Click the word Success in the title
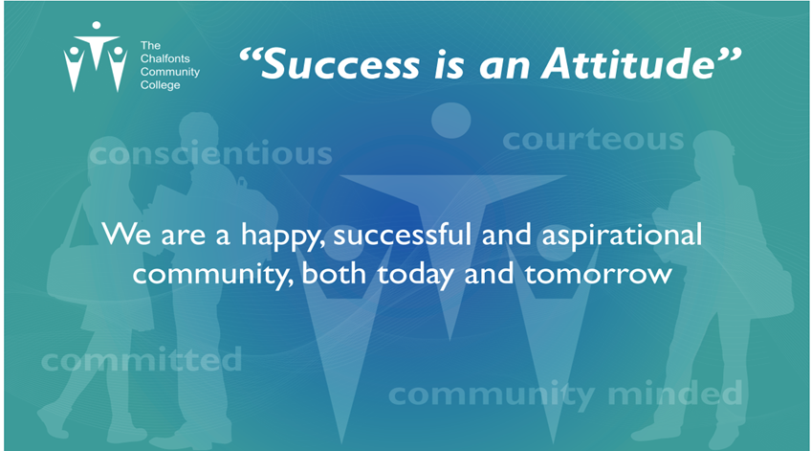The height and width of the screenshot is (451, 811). click(342, 65)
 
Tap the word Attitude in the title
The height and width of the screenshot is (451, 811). click(628, 64)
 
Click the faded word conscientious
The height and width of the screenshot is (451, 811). click(210, 153)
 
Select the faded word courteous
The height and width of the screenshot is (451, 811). click(593, 140)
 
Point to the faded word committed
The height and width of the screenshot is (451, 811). click(142, 359)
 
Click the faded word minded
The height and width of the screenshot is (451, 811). click(675, 394)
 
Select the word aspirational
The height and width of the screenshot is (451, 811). click(622, 237)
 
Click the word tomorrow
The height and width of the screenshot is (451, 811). click(599, 274)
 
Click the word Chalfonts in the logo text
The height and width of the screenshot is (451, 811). click(165, 58)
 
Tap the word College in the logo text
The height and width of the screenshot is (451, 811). click(161, 85)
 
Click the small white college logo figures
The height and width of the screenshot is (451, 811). click(96, 56)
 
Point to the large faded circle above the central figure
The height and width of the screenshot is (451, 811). click(451, 121)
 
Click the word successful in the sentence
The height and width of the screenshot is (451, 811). click(403, 235)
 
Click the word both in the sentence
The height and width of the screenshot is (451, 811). click(334, 274)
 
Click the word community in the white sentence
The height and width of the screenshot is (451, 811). click(209, 275)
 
